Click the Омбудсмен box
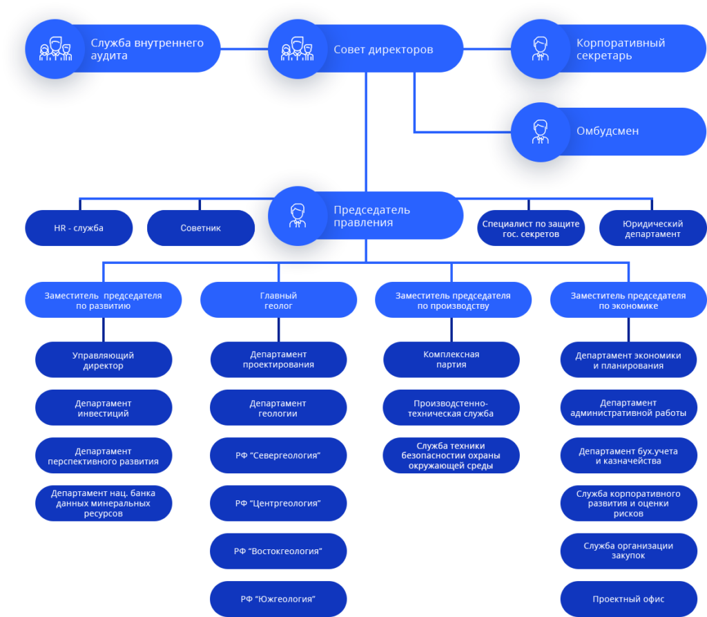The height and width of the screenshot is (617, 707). pos(608,132)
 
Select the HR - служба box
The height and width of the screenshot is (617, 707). pos(79,228)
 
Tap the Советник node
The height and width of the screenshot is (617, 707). pos(201,228)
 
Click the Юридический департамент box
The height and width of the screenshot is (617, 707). pos(653,228)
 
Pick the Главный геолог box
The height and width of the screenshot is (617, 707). pos(279,300)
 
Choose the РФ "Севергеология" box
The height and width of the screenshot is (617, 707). pos(278,455)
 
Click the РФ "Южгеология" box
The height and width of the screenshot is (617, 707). pos(278,599)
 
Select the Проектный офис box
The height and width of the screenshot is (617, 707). pos(628,599)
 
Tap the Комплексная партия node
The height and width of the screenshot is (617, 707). pos(452,360)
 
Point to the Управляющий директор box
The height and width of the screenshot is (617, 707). pos(104,360)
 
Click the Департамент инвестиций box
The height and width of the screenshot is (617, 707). pos(104,408)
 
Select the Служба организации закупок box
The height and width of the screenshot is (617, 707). pos(628,551)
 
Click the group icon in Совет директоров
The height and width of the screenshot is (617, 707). pos(297,49)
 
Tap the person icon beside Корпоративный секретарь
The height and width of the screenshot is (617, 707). pos(540,49)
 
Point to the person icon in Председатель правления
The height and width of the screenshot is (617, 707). pos(297,216)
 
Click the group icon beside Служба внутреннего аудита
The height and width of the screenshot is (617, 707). pos(55,49)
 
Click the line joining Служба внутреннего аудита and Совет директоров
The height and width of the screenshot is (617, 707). pos(244,49)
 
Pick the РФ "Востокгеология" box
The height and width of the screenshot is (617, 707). pos(278,551)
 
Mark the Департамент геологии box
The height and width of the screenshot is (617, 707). pos(278,408)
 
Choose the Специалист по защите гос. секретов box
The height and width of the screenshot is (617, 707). pos(531,228)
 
